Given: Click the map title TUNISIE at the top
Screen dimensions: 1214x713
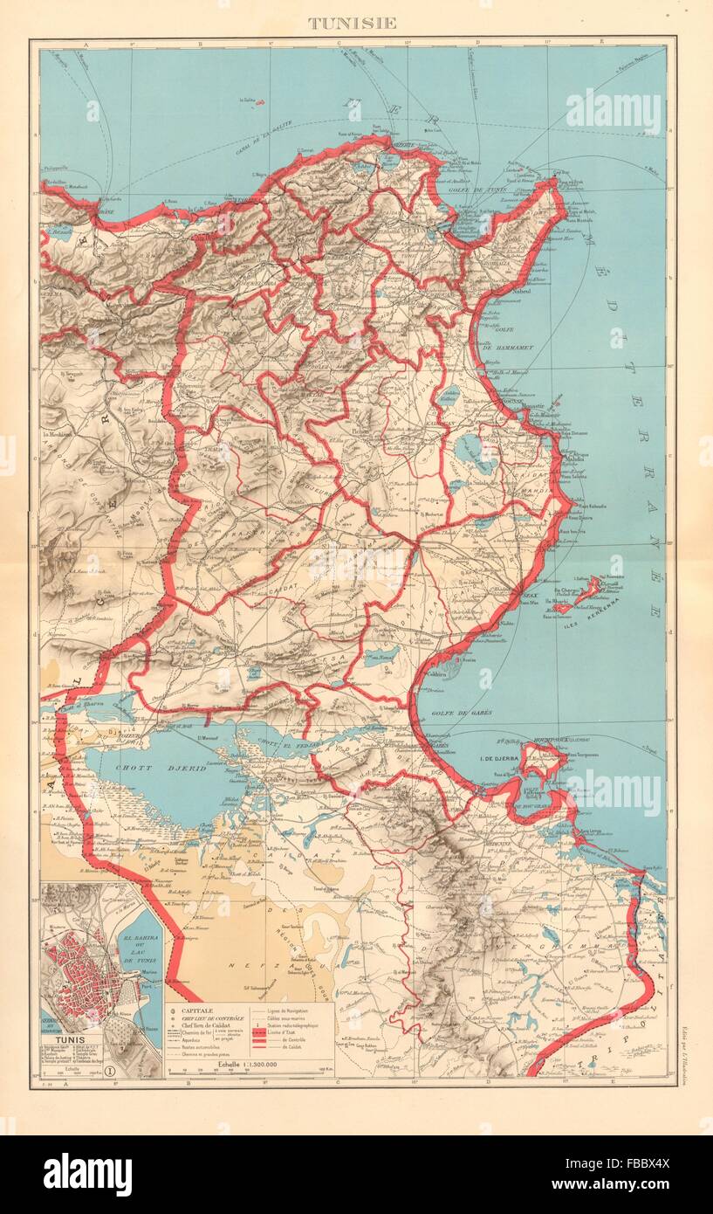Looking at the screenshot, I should (x=352, y=23).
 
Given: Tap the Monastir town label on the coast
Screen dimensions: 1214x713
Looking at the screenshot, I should (x=534, y=406).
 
